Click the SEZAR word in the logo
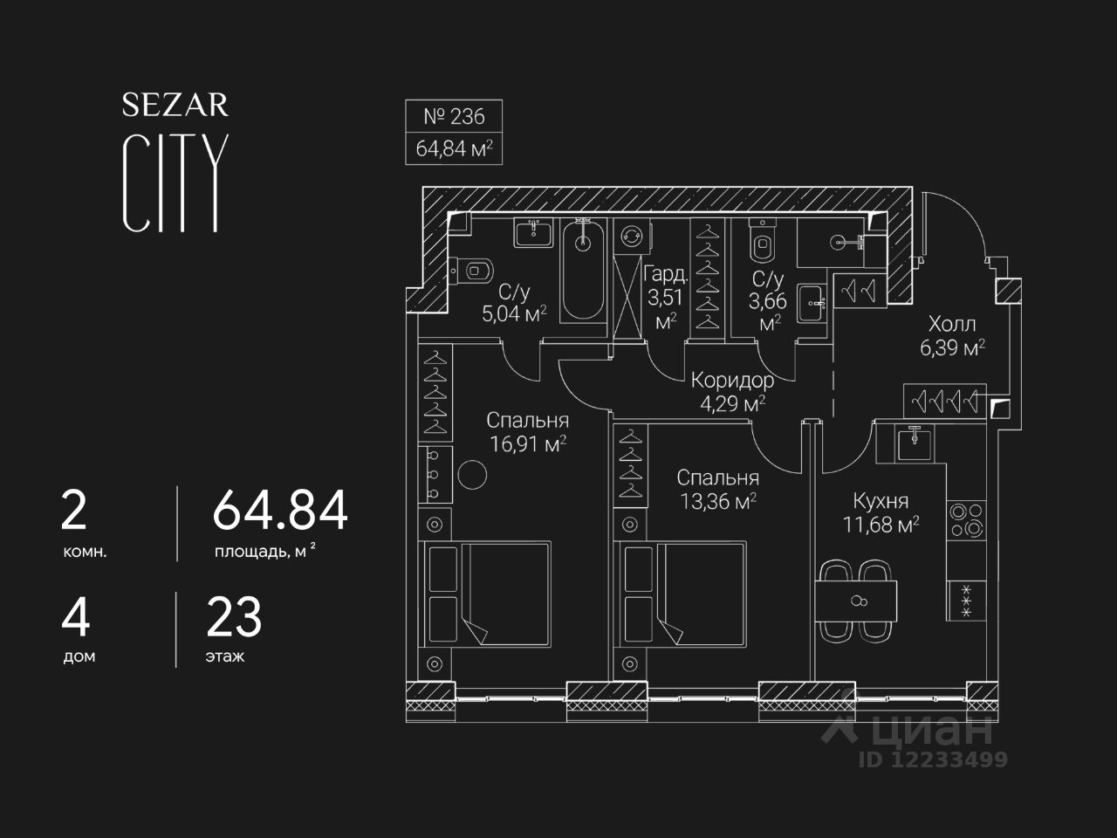click(175, 105)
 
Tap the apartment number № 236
click(454, 116)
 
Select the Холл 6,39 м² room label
click(952, 336)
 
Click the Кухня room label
click(881, 501)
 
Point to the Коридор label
click(732, 381)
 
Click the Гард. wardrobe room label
click(666, 275)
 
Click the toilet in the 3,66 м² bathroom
click(762, 241)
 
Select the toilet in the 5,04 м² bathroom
click(472, 271)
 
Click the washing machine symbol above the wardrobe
click(632, 236)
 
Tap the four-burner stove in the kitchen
click(966, 520)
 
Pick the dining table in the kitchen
click(856, 601)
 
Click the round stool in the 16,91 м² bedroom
click(472, 474)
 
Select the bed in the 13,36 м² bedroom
click(681, 594)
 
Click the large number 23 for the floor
click(234, 617)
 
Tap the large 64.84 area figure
click(280, 510)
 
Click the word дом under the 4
click(79, 656)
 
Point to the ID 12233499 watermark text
click(933, 759)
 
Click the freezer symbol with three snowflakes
click(966, 601)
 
